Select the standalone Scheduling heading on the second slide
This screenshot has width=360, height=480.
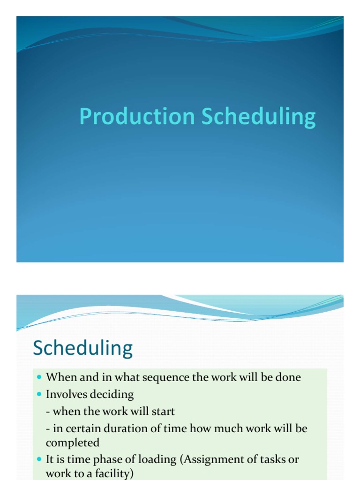click(83, 349)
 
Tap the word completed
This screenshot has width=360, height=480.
click(73, 442)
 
